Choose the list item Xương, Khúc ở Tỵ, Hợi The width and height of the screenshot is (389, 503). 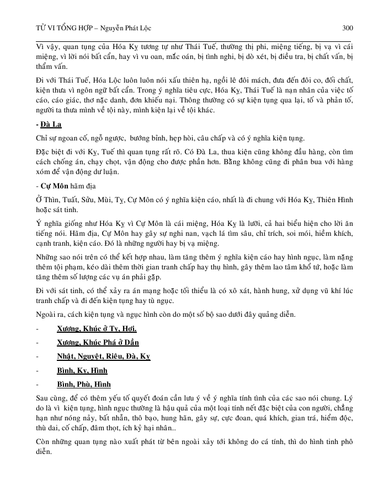[x=97, y=329]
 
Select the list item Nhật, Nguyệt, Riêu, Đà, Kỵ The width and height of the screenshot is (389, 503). [x=103, y=356]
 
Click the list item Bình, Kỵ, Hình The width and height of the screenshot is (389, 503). [x=82, y=370]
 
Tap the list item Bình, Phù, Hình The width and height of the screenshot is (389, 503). [x=84, y=383]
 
